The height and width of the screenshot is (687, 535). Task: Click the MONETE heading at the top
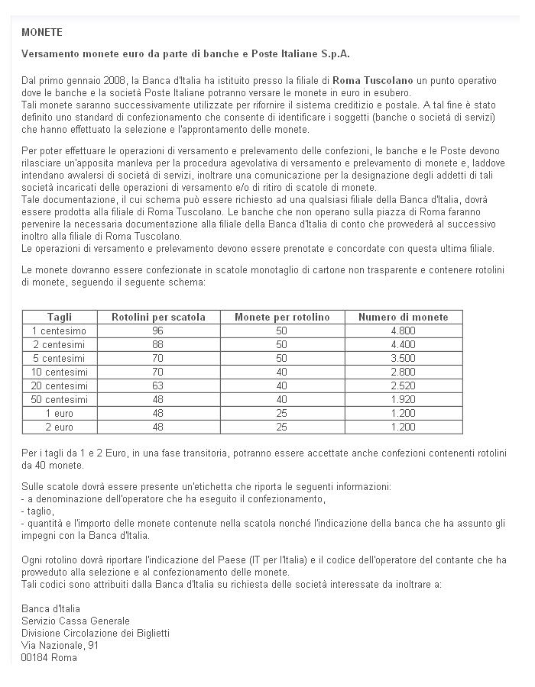point(42,33)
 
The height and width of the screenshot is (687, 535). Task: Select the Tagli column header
point(60,317)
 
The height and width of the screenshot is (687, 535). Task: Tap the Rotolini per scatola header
point(158,317)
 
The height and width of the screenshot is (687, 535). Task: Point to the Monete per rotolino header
point(282,317)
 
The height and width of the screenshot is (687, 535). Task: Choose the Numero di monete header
point(403,317)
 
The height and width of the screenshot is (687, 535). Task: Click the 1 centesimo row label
point(60,331)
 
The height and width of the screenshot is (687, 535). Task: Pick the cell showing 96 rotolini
point(158,331)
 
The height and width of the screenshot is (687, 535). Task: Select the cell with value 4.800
point(403,331)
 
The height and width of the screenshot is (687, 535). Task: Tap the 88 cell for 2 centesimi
point(158,344)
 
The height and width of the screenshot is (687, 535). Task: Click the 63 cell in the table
point(158,385)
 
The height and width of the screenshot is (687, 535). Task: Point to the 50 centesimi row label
point(60,399)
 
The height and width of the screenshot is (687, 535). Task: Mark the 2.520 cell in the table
point(403,385)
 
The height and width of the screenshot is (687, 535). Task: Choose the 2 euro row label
point(60,427)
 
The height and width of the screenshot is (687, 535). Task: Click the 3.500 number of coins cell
point(403,358)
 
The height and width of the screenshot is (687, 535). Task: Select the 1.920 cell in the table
point(403,399)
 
